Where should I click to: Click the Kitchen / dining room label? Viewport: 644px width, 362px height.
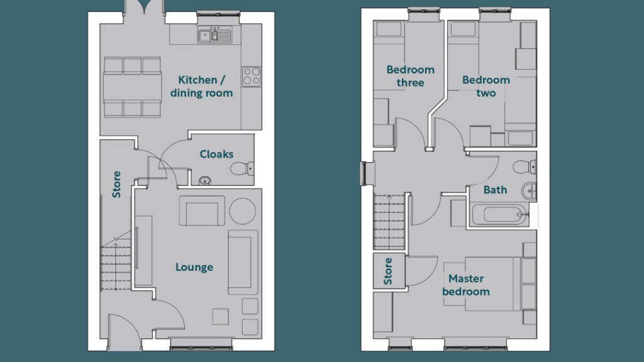(201, 86)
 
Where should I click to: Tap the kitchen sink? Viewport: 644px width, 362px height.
(215, 35)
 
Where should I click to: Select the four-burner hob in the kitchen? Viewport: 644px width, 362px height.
(252, 77)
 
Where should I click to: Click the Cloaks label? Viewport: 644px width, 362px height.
(216, 155)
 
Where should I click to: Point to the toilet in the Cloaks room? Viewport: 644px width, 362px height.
(242, 168)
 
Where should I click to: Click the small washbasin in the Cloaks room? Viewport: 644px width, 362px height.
(204, 180)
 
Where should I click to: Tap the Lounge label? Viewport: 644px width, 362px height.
(194, 267)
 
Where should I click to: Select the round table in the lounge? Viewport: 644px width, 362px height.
(243, 211)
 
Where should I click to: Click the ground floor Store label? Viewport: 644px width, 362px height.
(116, 184)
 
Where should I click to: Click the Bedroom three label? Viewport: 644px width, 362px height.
(410, 76)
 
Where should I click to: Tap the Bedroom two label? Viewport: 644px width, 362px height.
(486, 86)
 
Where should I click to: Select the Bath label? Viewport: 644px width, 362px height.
(495, 190)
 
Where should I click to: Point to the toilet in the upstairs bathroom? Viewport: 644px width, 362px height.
(525, 167)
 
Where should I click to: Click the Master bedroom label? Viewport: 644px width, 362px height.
(466, 285)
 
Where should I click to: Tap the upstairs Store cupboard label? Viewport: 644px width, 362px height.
(388, 271)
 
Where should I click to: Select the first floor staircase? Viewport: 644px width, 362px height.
(389, 222)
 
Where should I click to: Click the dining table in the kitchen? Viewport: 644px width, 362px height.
(132, 87)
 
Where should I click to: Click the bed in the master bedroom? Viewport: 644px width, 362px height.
(501, 284)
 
